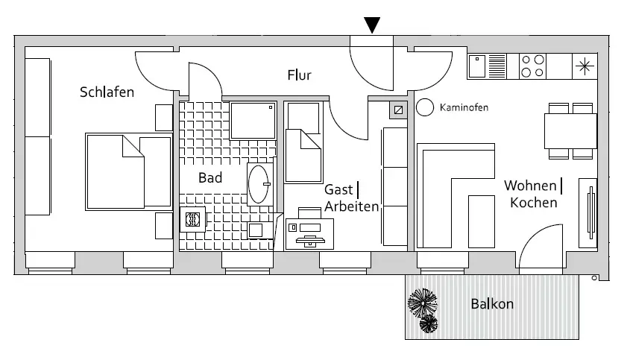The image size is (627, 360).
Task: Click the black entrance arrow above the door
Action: click(374, 25)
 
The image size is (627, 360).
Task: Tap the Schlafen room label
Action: click(107, 93)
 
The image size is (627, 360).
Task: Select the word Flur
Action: click(299, 75)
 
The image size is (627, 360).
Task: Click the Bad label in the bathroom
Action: click(210, 178)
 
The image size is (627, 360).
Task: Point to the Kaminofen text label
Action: click(464, 108)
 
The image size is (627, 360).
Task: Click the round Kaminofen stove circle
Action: click(425, 107)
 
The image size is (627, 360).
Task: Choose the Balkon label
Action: click(492, 304)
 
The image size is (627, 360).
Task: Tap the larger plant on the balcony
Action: click(423, 303)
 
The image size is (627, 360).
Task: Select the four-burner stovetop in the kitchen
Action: click(532, 66)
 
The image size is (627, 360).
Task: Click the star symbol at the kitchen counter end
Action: click(584, 66)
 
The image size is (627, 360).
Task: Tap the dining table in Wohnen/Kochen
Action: click(571, 131)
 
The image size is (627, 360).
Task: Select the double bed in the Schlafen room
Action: click(127, 170)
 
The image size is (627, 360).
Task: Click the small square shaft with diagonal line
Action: click(397, 110)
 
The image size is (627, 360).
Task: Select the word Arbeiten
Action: click(351, 206)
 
